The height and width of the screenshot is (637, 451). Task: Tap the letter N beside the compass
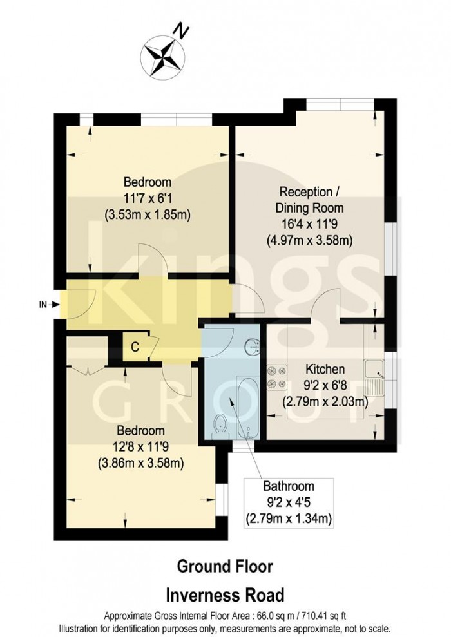point(184,30)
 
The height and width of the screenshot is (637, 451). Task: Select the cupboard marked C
point(134,347)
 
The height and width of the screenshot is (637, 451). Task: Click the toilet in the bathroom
point(218,425)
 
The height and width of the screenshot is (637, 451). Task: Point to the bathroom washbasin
point(253,347)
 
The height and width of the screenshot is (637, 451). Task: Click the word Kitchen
point(325,370)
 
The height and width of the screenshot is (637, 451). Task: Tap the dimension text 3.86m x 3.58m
point(140,462)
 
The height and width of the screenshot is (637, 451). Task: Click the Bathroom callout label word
point(288,487)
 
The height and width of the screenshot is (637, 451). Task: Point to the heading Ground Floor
point(225,567)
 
